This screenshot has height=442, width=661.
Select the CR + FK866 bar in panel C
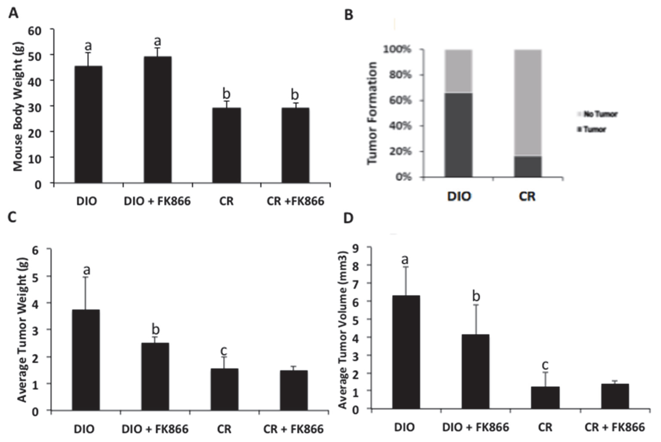[294, 390]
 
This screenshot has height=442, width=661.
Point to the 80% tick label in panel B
[400, 75]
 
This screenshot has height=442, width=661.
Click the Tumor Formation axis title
[372, 113]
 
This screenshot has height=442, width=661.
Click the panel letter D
[349, 218]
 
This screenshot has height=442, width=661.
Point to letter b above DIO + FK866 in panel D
[476, 296]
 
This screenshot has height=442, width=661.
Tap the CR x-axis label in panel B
[527, 196]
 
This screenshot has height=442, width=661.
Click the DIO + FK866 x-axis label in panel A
[157, 201]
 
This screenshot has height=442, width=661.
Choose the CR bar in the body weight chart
[226, 145]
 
